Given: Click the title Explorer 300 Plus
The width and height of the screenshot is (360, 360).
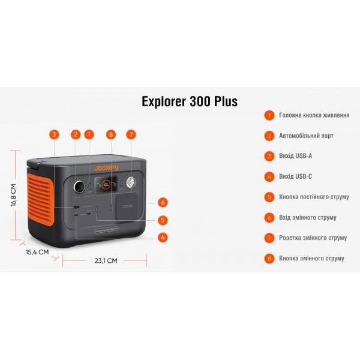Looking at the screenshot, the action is tap(190, 101).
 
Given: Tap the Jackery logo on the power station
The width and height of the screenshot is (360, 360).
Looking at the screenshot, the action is tap(107, 168).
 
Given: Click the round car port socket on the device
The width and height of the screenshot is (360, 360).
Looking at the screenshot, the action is tap(79, 186).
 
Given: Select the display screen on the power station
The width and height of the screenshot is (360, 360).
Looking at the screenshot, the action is tap(106, 184).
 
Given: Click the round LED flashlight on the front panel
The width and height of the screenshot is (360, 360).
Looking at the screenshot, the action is tap(131, 182).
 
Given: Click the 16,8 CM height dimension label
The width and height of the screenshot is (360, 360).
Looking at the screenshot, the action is tap(14, 195).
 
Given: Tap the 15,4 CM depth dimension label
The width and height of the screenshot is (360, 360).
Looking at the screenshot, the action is tap(37, 252).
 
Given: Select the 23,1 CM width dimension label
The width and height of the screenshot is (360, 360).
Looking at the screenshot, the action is tap(106, 260).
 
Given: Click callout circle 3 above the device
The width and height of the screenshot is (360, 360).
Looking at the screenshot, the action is tap(54, 134).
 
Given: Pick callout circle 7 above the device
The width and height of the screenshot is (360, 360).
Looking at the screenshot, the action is tap(131, 134).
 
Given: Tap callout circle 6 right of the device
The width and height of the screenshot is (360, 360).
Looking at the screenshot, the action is tap(163, 203).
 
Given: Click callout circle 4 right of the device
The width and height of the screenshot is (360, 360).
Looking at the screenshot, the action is tap(163, 237).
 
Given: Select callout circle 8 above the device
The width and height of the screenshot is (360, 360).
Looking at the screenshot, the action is tap(111, 134).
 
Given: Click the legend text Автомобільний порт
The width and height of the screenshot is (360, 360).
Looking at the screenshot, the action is tap(306, 136).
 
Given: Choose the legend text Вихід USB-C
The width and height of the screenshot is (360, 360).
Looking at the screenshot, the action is tap(295, 176).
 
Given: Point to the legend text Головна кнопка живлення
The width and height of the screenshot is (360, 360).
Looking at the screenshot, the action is tap(314, 115).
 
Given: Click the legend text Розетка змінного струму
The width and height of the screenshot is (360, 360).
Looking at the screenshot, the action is tap(313, 238).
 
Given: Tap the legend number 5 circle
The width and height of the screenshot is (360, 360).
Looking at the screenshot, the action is tap(269, 197).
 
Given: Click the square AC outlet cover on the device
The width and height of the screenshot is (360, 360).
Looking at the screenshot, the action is tap(127, 207).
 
